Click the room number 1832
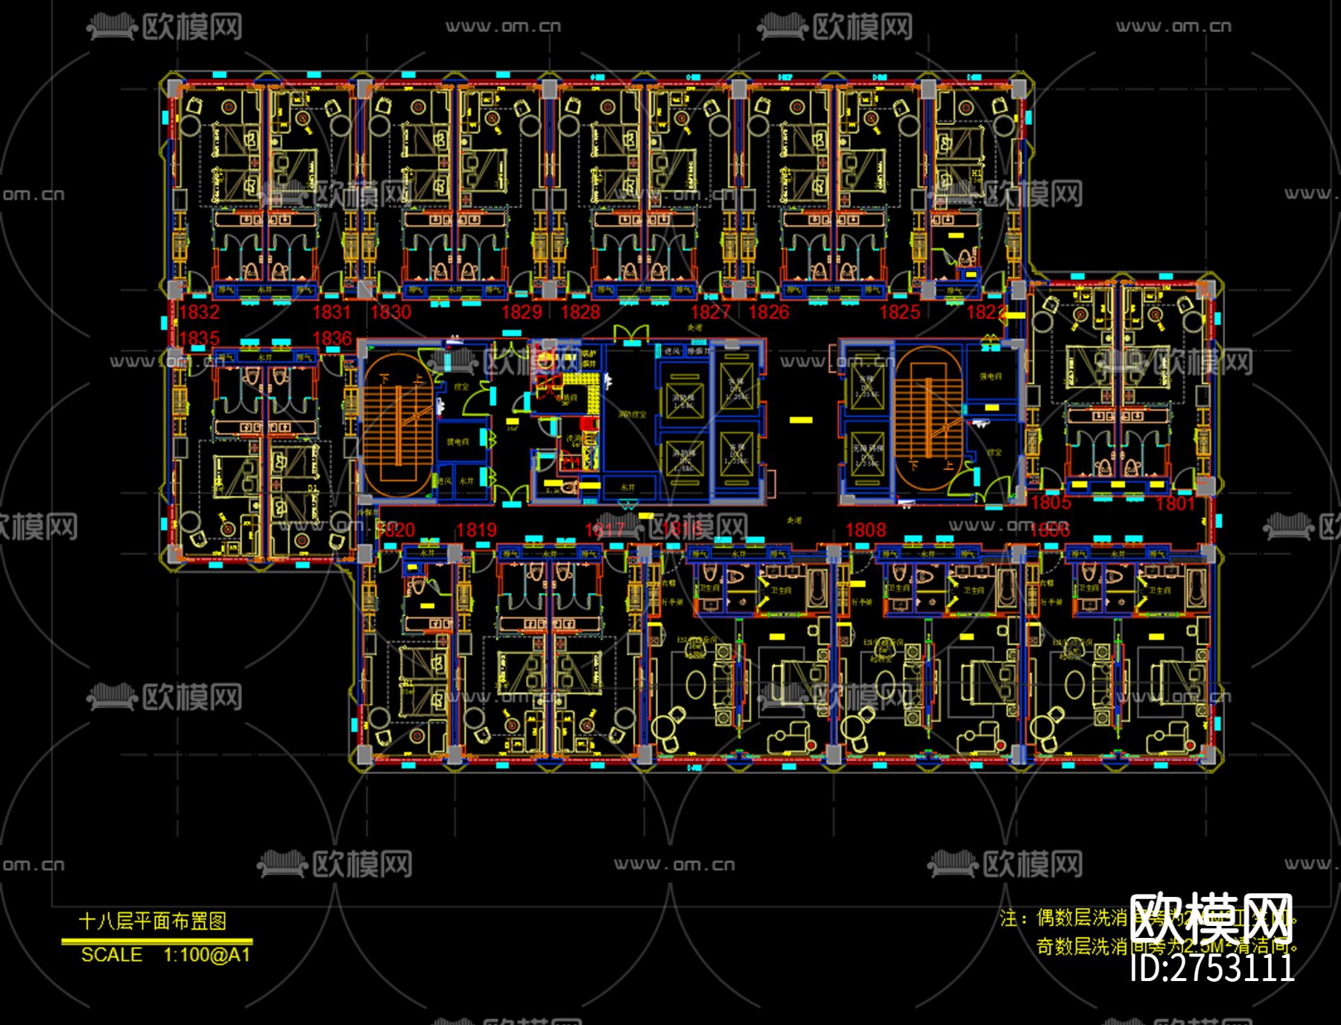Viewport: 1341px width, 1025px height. pos(199,312)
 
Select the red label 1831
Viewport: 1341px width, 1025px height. pos(331,312)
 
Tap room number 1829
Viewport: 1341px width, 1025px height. pos(521,312)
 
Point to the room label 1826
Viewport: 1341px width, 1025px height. pos(768,312)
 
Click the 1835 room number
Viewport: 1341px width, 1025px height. pos(199,338)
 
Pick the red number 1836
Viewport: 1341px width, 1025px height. pos(332,338)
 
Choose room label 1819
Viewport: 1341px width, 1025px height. pos(476,530)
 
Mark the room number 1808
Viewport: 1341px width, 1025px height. pos(866,530)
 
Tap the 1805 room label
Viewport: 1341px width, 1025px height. pos(1050,503)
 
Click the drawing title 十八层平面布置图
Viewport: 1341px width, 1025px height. pos(153,921)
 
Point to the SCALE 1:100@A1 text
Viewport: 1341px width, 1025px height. pos(165,955)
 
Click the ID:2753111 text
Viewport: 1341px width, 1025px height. pos(1212,968)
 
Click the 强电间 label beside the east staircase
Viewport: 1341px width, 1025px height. pos(991,376)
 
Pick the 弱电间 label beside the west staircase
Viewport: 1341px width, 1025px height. pos(457,442)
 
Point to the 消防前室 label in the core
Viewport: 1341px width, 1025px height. pos(632,413)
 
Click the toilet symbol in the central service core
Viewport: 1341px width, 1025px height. pos(570,488)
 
